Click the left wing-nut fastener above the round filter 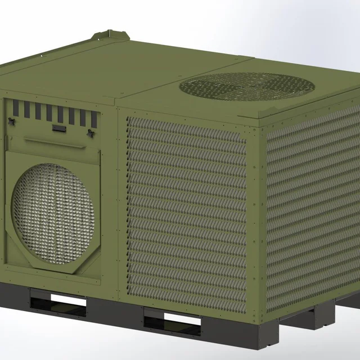pyautogui.click(x=12, y=122)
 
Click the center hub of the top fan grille pyautogui.click(x=247, y=85)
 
